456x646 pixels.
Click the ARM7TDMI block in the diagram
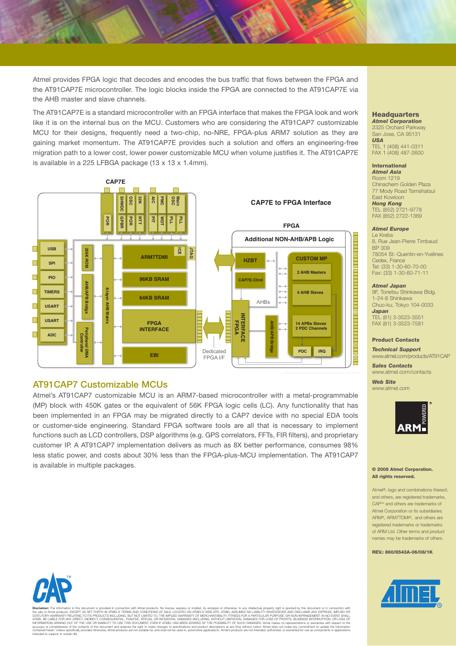(x=154, y=257)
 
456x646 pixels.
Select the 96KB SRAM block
(x=154, y=279)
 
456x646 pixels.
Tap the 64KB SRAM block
(x=154, y=298)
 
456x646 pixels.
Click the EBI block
(x=154, y=355)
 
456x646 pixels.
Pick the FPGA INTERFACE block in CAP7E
(x=154, y=326)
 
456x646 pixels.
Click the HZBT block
(x=250, y=260)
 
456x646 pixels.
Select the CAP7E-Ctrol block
(x=250, y=280)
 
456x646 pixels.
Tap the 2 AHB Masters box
(x=311, y=272)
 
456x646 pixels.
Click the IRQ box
(x=322, y=351)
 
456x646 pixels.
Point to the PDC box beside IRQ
(x=302, y=351)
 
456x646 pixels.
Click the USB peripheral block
(x=52, y=249)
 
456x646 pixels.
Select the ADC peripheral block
(x=52, y=335)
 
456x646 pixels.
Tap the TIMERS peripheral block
(x=52, y=292)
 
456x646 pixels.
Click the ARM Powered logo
(x=412, y=418)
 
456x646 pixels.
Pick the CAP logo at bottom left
(x=52, y=589)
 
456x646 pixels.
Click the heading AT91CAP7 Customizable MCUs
(x=100, y=385)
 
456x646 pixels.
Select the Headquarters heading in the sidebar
(x=395, y=114)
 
